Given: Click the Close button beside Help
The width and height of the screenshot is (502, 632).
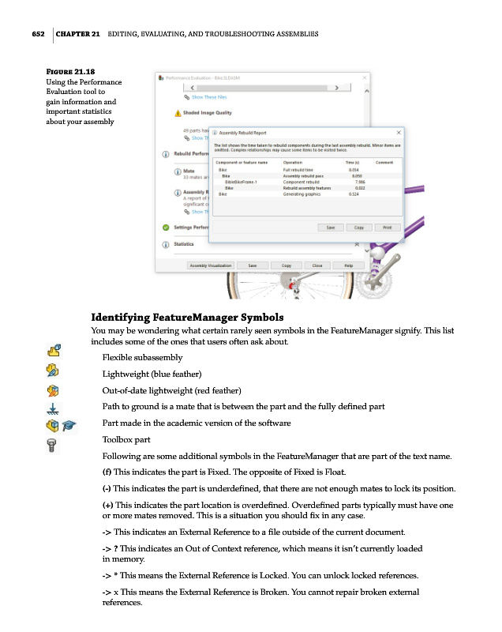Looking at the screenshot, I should tap(317, 265).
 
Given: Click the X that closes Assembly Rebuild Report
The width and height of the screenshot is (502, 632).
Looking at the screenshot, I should tap(398, 133).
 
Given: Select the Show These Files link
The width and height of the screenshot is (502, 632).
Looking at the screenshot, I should tap(208, 97).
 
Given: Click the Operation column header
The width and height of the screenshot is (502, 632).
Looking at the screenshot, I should tap(294, 162).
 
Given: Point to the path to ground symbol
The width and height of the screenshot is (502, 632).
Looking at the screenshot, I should tap(53, 408).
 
